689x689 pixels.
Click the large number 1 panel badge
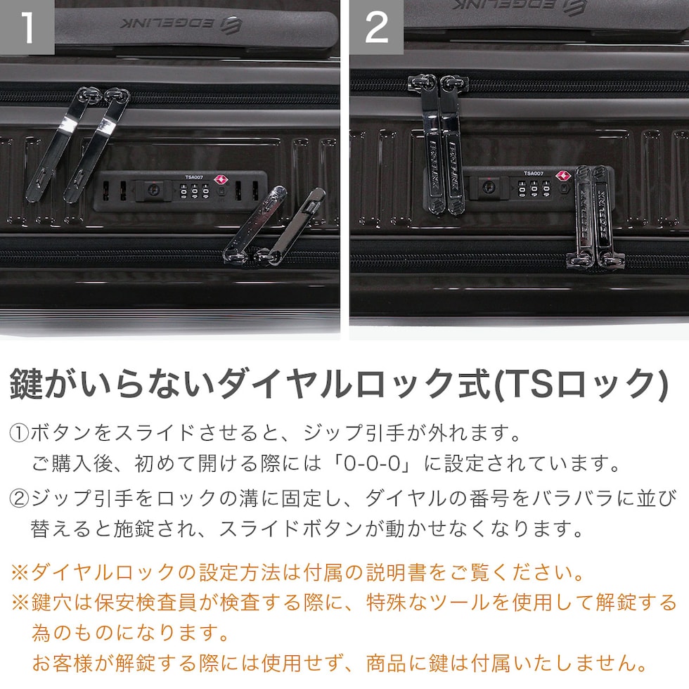(x=27, y=27)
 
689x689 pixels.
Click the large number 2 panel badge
(x=377, y=27)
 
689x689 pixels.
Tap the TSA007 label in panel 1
(x=194, y=177)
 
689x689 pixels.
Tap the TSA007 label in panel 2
(x=534, y=174)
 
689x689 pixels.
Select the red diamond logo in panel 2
(x=562, y=176)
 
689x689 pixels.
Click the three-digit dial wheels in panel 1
(x=195, y=191)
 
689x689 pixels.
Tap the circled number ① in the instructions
(x=20, y=433)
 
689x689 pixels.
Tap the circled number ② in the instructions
(x=20, y=498)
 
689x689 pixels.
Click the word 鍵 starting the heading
(x=27, y=384)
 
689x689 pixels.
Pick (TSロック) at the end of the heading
(x=581, y=384)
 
